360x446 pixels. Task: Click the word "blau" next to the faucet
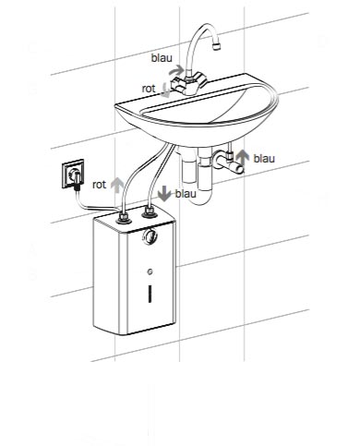(x=162, y=58)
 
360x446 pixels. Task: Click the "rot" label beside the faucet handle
(x=149, y=89)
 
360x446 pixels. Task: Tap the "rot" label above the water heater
(x=99, y=185)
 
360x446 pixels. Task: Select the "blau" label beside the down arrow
(x=186, y=194)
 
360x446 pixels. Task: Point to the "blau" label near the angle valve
(x=264, y=159)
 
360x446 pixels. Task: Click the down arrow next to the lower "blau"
(x=164, y=194)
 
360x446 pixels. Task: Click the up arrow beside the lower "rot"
(x=117, y=185)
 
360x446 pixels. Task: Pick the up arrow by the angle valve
(x=243, y=158)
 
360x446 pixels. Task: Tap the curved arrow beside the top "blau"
(x=176, y=70)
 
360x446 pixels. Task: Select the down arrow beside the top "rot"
(x=165, y=90)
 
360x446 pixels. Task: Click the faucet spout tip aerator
(x=217, y=47)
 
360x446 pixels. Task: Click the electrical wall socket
(x=73, y=174)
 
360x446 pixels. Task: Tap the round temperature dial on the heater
(x=150, y=236)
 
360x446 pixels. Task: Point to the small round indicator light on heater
(x=150, y=271)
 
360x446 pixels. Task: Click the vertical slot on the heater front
(x=150, y=294)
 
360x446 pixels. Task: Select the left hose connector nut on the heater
(x=124, y=217)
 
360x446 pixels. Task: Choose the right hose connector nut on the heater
(x=150, y=211)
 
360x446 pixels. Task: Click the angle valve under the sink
(x=229, y=160)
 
